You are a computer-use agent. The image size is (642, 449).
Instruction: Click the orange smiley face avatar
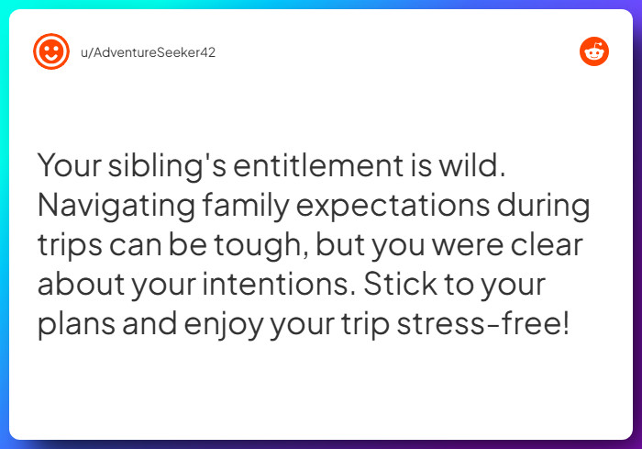click(51, 51)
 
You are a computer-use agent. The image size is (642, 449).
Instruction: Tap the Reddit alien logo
click(594, 51)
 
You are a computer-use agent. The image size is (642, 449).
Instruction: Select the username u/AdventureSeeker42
click(148, 51)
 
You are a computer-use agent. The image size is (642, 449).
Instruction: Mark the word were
click(467, 245)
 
